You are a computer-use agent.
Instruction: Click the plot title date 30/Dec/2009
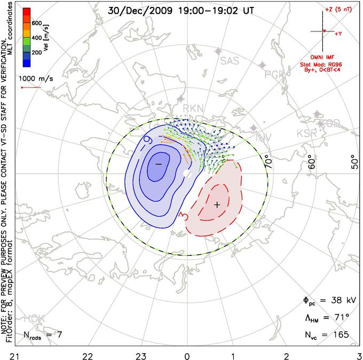138,10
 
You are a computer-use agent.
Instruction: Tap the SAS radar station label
230,61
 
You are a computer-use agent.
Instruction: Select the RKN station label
193,108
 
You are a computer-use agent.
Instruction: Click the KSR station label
307,133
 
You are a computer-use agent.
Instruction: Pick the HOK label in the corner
34,319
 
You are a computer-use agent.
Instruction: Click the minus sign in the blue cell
158,164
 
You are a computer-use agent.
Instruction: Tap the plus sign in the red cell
217,205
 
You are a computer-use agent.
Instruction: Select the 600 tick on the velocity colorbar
37,23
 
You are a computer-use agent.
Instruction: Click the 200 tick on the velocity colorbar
37,53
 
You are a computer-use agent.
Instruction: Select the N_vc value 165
340,335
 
